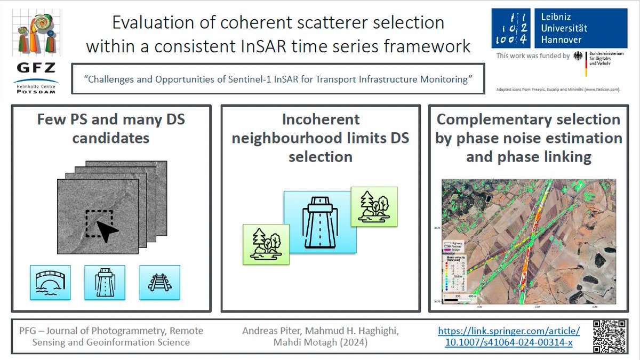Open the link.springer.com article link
pyautogui.click(x=509, y=337)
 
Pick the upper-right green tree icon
pyautogui.click(x=374, y=205)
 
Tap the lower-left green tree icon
pyautogui.click(x=266, y=243)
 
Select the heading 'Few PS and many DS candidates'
pyautogui.click(x=111, y=129)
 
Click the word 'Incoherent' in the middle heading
pyautogui.click(x=321, y=119)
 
